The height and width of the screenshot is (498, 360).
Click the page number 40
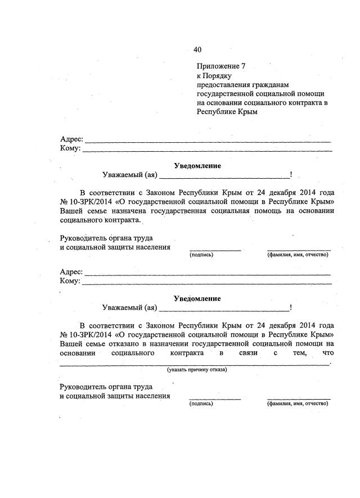pos(197,49)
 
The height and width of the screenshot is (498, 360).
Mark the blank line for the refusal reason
pos(194,364)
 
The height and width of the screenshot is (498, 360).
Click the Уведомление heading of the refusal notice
pos(197,298)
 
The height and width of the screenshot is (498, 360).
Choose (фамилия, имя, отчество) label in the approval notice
pos(298,255)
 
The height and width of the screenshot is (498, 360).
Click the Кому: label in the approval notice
pos(70,148)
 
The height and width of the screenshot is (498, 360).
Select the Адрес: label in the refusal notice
pos(71,271)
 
